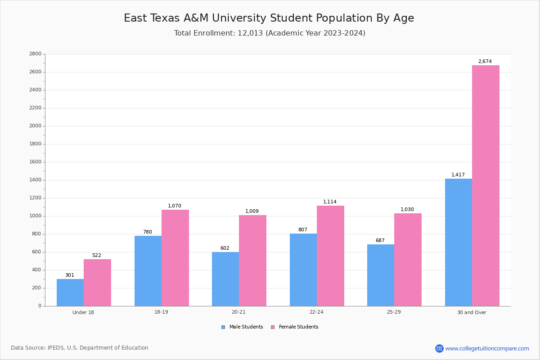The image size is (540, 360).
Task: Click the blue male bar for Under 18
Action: click(x=70, y=292)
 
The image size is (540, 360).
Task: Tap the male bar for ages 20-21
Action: click(x=225, y=279)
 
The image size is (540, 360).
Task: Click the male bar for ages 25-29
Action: click(x=381, y=275)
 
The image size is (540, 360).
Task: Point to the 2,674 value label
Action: click(x=485, y=62)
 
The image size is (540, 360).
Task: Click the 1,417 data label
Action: click(x=458, y=175)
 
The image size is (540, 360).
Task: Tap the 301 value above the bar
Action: click(x=70, y=275)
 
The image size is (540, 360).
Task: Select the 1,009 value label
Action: click(x=252, y=211)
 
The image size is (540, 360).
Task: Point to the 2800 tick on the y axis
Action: click(x=35, y=54)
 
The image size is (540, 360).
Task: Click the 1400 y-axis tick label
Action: click(x=35, y=180)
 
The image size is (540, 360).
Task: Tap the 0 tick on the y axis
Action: click(x=40, y=306)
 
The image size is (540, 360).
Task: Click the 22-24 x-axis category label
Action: click(x=316, y=312)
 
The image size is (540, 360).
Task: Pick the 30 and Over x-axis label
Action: click(x=472, y=312)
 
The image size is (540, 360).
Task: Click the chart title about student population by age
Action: click(x=269, y=18)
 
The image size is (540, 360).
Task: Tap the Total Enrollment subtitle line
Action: click(x=270, y=33)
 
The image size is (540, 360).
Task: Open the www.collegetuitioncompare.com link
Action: click(x=487, y=348)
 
